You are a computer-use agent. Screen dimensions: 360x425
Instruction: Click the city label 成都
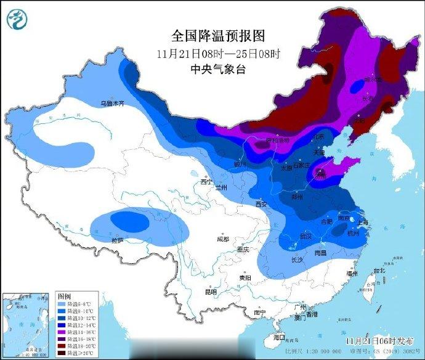coord(222,239)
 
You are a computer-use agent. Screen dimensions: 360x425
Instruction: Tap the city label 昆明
coord(211,292)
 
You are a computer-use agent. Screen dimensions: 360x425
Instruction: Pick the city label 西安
coord(261,203)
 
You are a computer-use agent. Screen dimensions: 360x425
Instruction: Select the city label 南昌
coord(320,253)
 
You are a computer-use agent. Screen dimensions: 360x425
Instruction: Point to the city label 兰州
coord(221,186)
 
